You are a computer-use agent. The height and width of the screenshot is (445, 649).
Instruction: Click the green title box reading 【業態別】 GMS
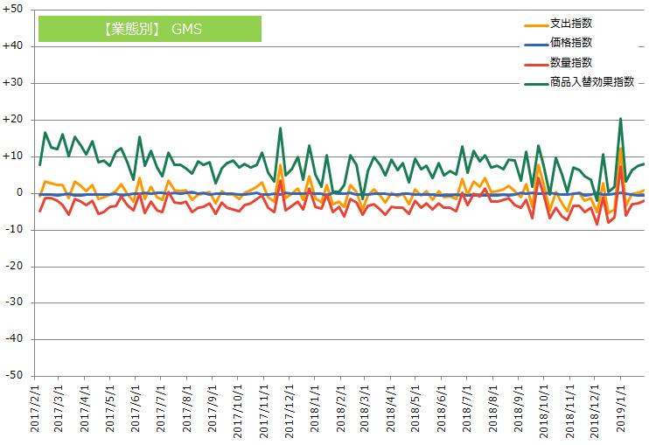[x=150, y=29]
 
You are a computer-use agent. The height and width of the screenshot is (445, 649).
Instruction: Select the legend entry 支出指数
[x=571, y=22]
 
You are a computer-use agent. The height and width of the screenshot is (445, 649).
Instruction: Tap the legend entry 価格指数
[x=571, y=42]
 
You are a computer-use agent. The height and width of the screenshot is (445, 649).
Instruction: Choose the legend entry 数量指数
[x=571, y=62]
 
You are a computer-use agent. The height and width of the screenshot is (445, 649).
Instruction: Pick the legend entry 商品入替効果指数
[x=591, y=82]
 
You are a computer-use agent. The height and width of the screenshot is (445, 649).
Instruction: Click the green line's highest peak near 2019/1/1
[x=620, y=119]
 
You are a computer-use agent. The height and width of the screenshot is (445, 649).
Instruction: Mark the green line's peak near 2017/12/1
[x=280, y=129]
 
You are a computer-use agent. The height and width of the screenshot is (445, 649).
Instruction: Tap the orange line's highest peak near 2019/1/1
[x=620, y=149]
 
